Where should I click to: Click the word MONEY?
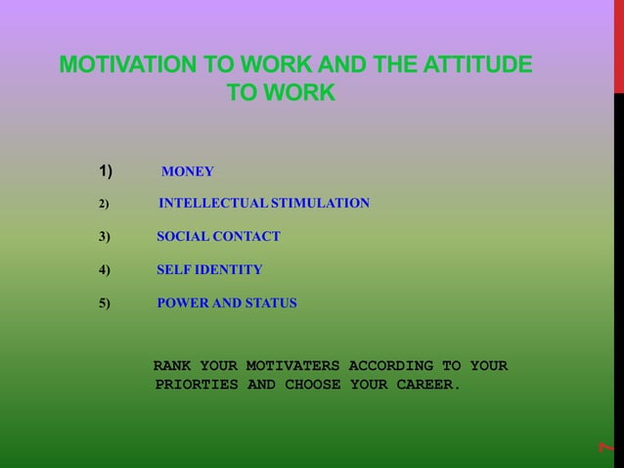click(187, 172)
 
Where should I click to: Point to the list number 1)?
click(106, 172)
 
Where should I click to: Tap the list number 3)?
click(105, 236)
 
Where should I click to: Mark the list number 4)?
click(105, 269)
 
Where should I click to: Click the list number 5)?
click(105, 304)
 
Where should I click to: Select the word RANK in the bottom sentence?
click(172, 366)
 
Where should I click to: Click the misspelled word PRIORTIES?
click(196, 385)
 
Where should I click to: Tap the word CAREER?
click(427, 385)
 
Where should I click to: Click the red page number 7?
click(606, 446)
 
